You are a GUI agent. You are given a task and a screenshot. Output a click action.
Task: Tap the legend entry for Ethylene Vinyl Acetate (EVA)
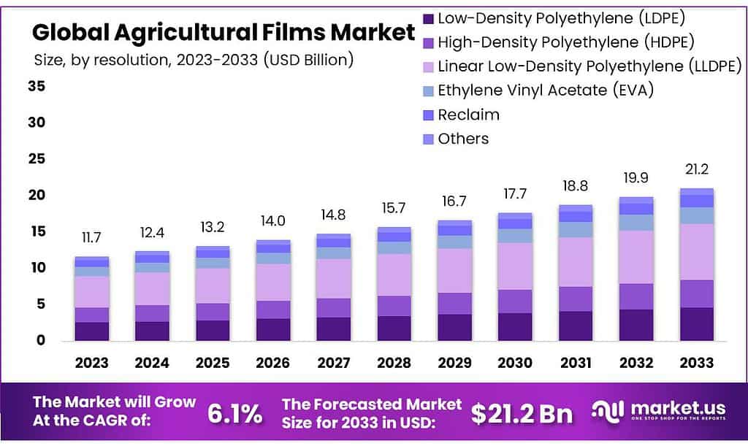tap(545, 91)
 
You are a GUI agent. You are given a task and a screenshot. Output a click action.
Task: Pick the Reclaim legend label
tap(468, 115)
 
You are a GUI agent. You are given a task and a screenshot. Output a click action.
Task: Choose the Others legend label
tap(463, 139)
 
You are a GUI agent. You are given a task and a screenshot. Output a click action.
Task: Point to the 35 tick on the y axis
tap(37, 86)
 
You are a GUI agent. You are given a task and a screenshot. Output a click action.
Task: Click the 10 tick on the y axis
tap(37, 268)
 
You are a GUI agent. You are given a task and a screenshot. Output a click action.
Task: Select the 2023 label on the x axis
tap(91, 363)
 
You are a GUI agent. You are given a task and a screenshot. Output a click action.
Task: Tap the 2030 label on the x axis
tap(514, 363)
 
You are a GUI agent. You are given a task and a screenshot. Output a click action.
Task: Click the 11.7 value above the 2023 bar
tap(91, 237)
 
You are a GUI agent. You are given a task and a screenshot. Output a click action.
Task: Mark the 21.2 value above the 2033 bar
tap(696, 169)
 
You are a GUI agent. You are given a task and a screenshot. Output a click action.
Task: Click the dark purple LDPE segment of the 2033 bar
tap(696, 323)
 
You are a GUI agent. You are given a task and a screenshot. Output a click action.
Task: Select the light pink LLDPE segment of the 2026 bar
tap(272, 282)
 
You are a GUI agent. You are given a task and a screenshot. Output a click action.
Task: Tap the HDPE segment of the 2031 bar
tap(575, 299)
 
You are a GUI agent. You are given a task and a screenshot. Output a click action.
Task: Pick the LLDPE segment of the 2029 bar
tap(454, 270)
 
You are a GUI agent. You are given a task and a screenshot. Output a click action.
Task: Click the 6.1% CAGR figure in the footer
tap(234, 413)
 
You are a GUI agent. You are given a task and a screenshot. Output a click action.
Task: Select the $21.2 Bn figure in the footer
tap(522, 413)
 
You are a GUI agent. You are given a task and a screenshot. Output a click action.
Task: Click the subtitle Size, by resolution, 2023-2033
tap(194, 61)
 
